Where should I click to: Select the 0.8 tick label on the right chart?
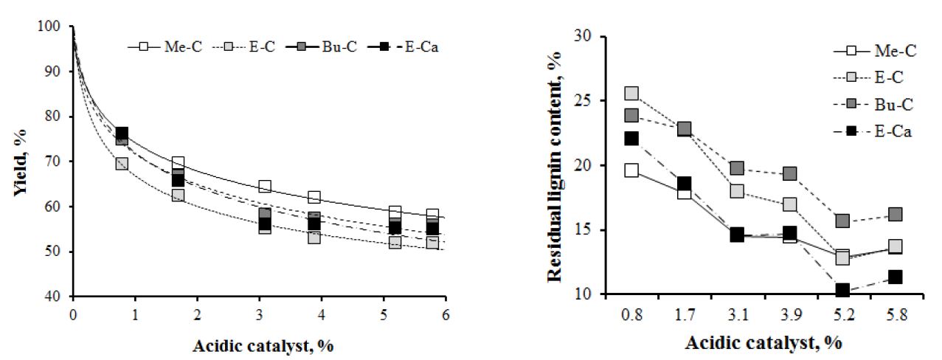(632, 313)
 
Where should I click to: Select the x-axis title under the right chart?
(763, 343)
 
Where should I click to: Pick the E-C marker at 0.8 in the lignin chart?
(632, 94)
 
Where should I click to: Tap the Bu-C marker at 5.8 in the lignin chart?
(875, 215)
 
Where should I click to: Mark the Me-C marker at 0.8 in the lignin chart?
(632, 170)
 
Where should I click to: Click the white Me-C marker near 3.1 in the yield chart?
(265, 187)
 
